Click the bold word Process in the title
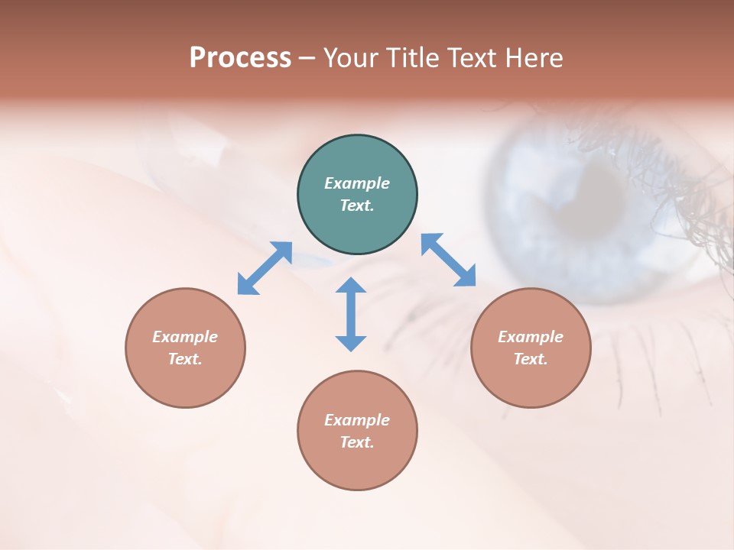click(x=240, y=58)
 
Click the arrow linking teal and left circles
click(x=265, y=268)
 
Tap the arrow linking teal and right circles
click(x=448, y=260)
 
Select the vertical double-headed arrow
click(x=351, y=314)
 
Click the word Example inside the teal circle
click(x=357, y=183)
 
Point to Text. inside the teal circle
click(x=357, y=205)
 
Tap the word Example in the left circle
click(x=185, y=337)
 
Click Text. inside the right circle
click(x=531, y=359)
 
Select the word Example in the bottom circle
click(x=357, y=420)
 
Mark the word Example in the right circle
click(x=531, y=337)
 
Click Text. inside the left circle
click(x=185, y=359)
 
